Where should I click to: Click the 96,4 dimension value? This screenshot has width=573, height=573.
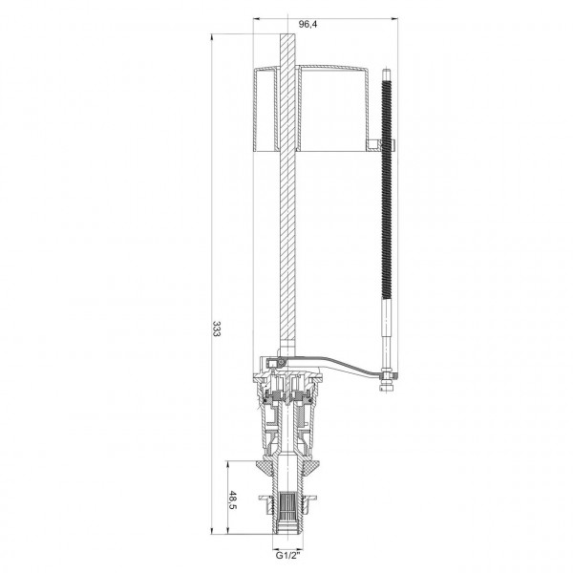click(x=308, y=24)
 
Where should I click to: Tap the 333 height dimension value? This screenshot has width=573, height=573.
click(x=217, y=329)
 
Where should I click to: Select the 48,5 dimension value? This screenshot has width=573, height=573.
click(x=232, y=501)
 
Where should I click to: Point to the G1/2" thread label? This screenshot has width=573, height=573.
click(x=287, y=556)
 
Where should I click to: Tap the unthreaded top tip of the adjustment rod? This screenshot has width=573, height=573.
click(x=386, y=74)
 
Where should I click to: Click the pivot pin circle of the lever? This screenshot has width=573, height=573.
click(x=281, y=362)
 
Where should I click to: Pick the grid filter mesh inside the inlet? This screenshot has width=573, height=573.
click(x=287, y=508)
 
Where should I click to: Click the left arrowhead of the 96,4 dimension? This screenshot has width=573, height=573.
click(x=257, y=18)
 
